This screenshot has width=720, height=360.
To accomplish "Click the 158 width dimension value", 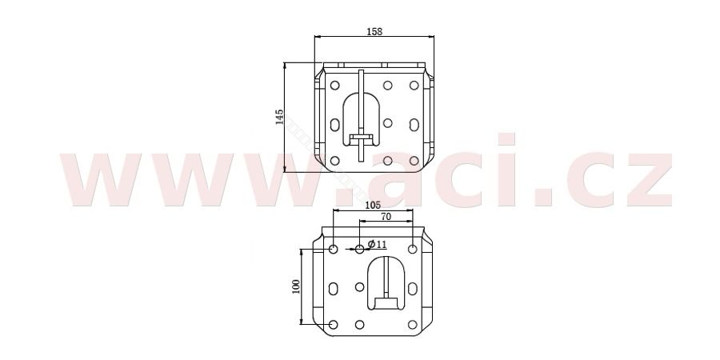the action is point(374,32).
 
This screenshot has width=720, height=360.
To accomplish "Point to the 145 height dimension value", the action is point(278,117).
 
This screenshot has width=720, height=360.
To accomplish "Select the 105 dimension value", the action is point(373,205).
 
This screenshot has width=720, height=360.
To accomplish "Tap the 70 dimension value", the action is point(386,217).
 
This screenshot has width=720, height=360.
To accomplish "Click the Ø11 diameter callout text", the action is point(378,244).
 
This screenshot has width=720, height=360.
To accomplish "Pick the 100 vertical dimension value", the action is point(295,286).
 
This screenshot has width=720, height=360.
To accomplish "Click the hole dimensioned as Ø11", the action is point(360,249).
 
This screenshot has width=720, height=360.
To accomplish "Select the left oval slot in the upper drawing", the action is point(334,124).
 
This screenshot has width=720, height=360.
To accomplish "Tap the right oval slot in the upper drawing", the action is point(414,124).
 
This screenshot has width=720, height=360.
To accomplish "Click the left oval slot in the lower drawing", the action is point(334,288).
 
